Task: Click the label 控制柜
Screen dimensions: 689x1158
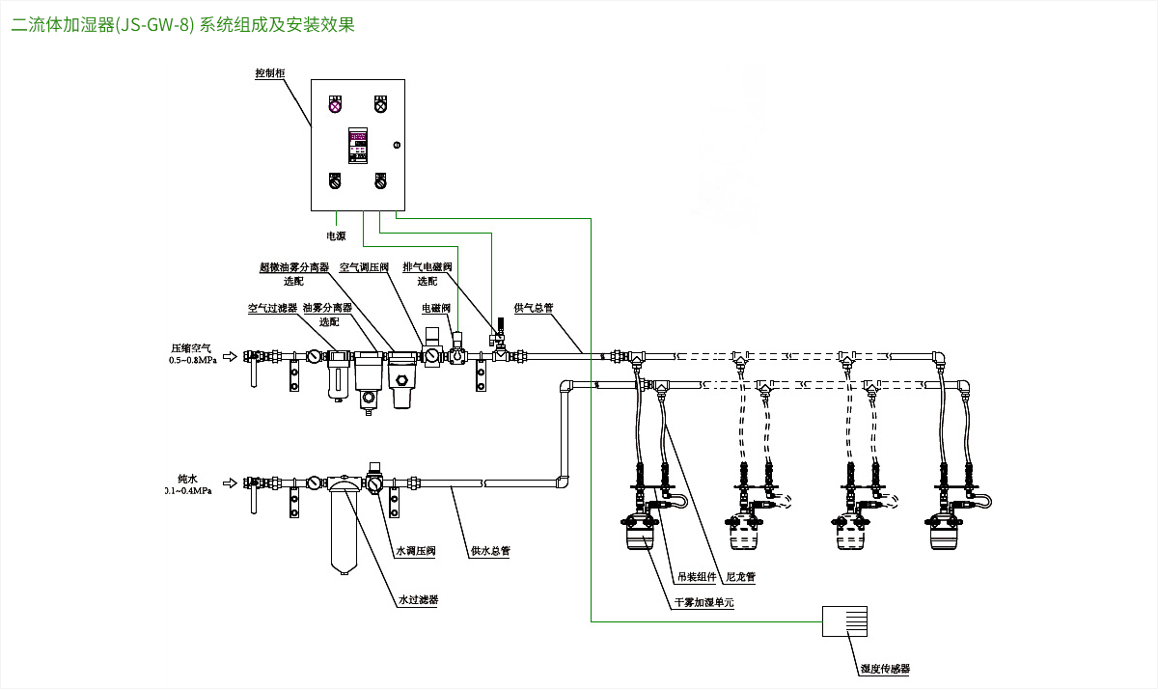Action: (x=269, y=73)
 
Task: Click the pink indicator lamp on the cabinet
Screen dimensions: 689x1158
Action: (x=335, y=105)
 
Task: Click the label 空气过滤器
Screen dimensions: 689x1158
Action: (x=272, y=309)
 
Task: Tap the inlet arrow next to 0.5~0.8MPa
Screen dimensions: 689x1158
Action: (x=228, y=356)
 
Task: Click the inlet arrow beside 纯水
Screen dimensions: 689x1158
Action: (x=228, y=482)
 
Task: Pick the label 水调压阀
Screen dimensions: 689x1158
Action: (x=416, y=552)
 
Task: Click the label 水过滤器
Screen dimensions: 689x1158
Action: (x=419, y=599)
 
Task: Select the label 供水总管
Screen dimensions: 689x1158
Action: (x=490, y=552)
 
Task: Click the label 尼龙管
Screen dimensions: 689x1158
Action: (x=740, y=577)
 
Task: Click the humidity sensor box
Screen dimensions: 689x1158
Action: (x=843, y=621)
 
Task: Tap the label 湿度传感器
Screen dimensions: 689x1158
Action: (x=886, y=668)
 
